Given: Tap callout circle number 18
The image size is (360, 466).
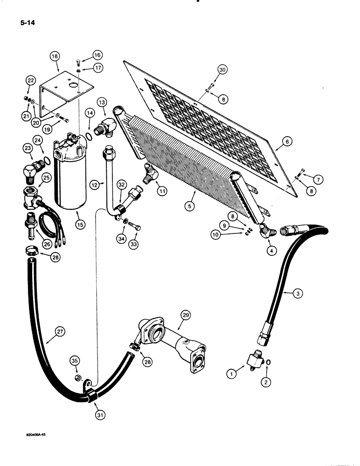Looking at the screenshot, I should coord(55,57).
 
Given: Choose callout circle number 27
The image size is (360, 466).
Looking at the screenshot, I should coord(59,332).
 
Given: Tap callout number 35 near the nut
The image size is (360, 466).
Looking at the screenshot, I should coord(75,360).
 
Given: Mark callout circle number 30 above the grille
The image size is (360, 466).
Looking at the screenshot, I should coord(222,70).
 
